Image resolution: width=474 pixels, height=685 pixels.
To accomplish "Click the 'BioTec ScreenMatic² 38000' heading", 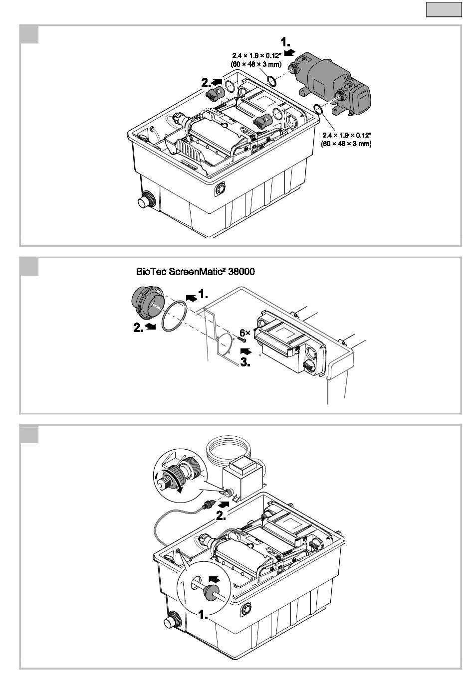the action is tap(195, 272).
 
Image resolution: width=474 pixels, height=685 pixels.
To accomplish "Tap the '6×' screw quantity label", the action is tap(245, 333).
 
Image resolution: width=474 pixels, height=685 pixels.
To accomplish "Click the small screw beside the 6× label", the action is tap(242, 340).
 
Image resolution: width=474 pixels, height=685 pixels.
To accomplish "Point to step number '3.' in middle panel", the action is tap(245, 362).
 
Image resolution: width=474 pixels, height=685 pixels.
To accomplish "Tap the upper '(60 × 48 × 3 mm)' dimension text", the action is tap(256, 64).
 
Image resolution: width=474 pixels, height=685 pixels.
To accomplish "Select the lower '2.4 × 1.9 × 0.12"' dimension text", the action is tap(347, 135).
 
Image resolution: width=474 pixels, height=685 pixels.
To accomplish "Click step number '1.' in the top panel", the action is tap(285, 42).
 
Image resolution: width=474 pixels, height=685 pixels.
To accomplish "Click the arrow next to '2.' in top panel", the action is tap(217, 82).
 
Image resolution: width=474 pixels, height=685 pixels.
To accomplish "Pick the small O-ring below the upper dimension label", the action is tap(272, 81).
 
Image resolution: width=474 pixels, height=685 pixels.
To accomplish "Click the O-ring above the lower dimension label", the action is tap(318, 109).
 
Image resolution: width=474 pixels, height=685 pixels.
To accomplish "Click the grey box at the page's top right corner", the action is tap(444, 9).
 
